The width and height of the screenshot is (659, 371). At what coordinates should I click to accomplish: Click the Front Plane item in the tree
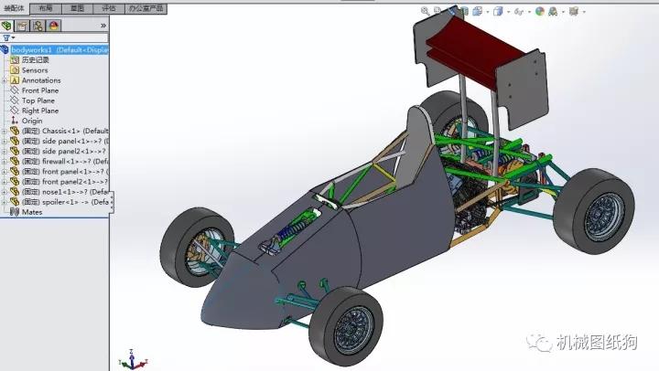pyautogui.click(x=40, y=90)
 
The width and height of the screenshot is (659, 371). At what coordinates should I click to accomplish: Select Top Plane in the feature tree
pyautogui.click(x=38, y=101)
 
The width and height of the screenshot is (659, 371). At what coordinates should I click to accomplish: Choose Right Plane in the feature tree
pyautogui.click(x=39, y=111)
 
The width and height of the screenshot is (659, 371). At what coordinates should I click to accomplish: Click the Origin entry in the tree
pyautogui.click(x=32, y=121)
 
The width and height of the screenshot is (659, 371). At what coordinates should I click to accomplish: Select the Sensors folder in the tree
pyautogui.click(x=35, y=69)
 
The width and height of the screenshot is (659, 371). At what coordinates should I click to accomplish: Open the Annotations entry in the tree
pyautogui.click(x=40, y=80)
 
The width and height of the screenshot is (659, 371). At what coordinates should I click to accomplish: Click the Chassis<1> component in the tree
pyautogui.click(x=64, y=131)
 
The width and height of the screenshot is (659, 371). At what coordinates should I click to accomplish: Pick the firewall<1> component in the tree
pyautogui.click(x=64, y=161)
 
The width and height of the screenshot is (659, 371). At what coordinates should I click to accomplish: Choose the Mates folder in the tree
pyautogui.click(x=32, y=212)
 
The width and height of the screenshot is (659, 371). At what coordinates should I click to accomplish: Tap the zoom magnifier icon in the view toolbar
pyautogui.click(x=426, y=12)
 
